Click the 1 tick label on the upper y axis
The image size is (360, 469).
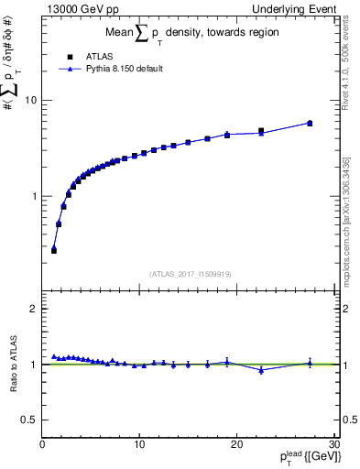tap(34, 196)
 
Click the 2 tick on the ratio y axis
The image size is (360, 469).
tap(34, 309)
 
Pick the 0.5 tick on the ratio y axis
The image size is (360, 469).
tap(29, 420)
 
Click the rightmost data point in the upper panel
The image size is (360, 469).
tap(310, 123)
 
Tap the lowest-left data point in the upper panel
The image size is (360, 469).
tap(54, 249)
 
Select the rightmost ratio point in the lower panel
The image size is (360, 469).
tap(310, 363)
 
